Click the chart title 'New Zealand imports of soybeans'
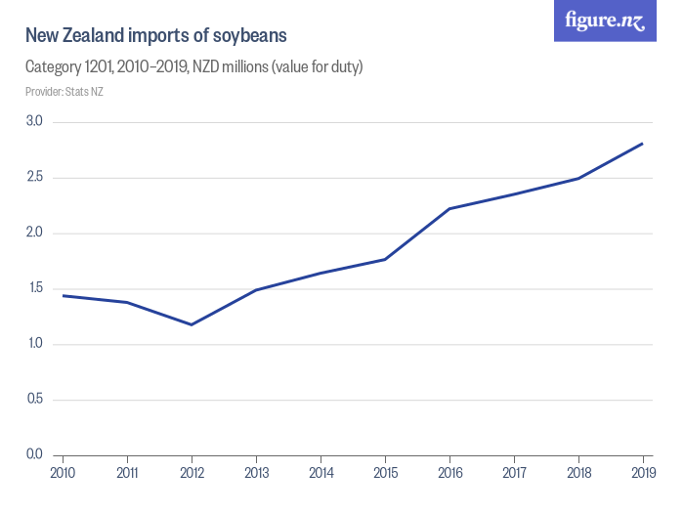(x=155, y=36)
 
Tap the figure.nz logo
(x=606, y=21)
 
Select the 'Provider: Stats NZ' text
(x=64, y=92)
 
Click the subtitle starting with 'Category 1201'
(x=193, y=67)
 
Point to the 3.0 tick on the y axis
(x=34, y=122)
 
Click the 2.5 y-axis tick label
(x=34, y=178)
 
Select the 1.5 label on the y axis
(x=34, y=288)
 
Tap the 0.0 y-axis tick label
(x=34, y=454)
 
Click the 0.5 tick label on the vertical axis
(x=34, y=400)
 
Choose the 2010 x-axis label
(x=63, y=473)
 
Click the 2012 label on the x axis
(x=192, y=473)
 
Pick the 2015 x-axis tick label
(x=385, y=473)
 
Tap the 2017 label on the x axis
(x=514, y=473)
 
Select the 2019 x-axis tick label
(x=642, y=473)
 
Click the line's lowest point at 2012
(x=192, y=324)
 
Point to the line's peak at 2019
(x=642, y=144)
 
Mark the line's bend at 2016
(x=449, y=208)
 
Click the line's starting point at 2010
(x=63, y=295)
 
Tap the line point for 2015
(x=385, y=259)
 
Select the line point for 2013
(x=256, y=290)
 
